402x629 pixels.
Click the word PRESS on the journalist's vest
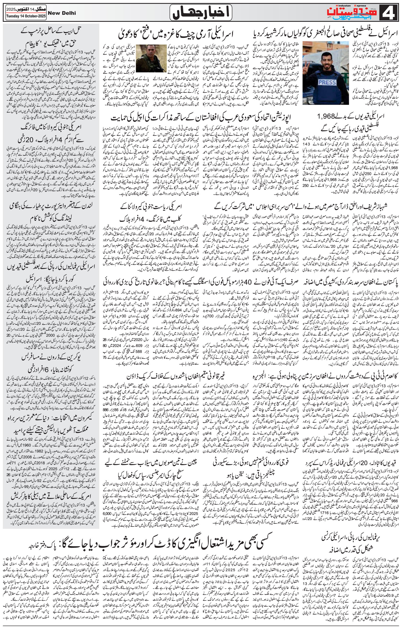coord(326,83)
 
